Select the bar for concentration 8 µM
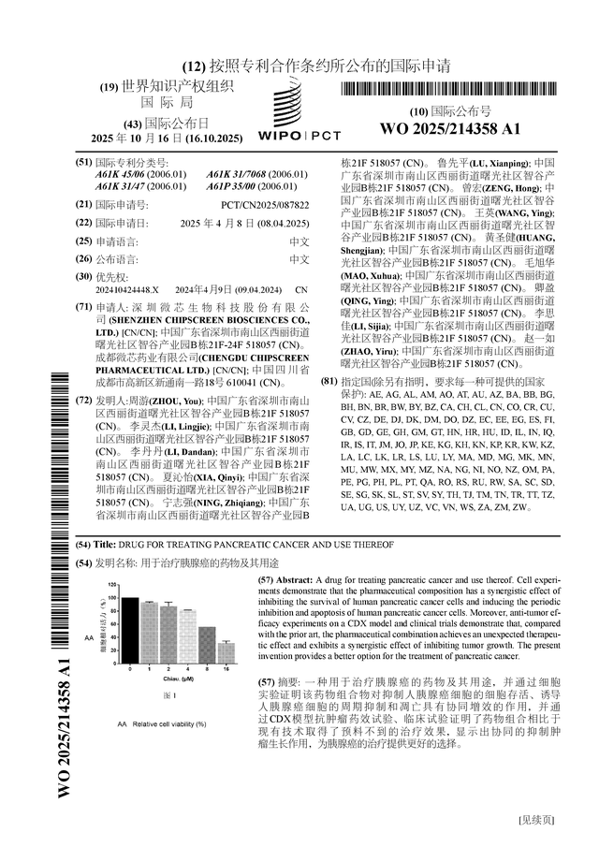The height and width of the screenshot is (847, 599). (x=207, y=645)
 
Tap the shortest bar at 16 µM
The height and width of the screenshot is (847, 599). (x=226, y=652)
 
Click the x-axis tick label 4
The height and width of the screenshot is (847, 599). (x=187, y=668)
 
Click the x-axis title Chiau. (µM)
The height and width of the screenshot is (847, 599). (x=179, y=679)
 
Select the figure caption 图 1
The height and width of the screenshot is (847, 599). (x=169, y=695)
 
